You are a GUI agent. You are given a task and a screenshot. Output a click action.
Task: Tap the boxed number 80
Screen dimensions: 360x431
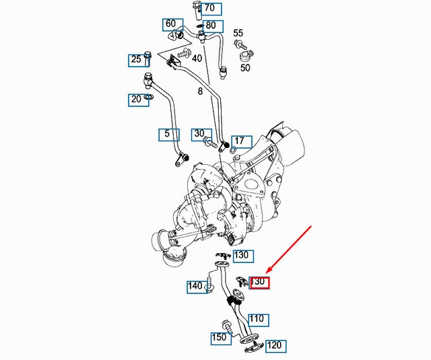(211, 26)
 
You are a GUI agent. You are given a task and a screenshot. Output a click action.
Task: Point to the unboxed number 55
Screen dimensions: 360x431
(238, 33)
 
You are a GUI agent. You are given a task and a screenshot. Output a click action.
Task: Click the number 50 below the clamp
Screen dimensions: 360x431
(245, 68)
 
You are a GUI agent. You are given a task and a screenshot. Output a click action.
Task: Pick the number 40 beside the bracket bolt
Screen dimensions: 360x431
(197, 59)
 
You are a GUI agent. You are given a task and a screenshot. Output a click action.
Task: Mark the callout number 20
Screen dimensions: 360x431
(137, 100)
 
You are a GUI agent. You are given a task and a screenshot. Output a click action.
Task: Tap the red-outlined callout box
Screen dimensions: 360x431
(260, 282)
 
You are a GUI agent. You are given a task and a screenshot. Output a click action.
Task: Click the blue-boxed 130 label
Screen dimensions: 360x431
(242, 256)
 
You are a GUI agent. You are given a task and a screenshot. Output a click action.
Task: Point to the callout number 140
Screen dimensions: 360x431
(195, 287)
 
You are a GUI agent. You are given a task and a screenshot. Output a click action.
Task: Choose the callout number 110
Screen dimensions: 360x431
(257, 319)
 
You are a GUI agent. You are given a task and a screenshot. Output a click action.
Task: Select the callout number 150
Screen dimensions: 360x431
(220, 338)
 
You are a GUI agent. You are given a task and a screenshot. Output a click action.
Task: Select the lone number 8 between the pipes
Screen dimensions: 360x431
(200, 91)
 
